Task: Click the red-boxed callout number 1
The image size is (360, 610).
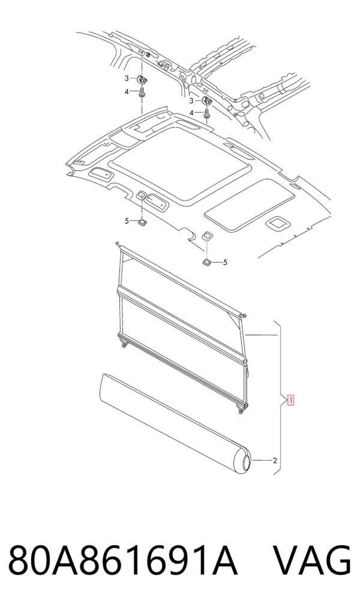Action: click(x=290, y=399)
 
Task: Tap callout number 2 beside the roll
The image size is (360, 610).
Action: click(x=275, y=461)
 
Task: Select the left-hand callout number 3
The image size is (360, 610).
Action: click(x=127, y=79)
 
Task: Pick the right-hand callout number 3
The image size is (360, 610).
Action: click(x=191, y=101)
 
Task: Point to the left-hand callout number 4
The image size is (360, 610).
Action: click(x=127, y=92)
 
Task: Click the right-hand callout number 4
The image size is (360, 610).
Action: click(x=191, y=113)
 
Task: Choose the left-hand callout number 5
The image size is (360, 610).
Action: click(x=127, y=221)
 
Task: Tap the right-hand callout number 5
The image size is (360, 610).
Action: click(x=225, y=263)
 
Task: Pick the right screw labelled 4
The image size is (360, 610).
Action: click(x=206, y=113)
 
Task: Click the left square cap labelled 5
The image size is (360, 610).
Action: click(x=141, y=222)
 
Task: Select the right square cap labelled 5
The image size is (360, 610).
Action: click(x=206, y=262)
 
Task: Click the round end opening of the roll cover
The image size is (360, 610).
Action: click(x=247, y=462)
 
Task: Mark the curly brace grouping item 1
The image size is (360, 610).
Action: click(x=281, y=398)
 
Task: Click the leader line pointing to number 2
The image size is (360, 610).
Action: click(x=262, y=461)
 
